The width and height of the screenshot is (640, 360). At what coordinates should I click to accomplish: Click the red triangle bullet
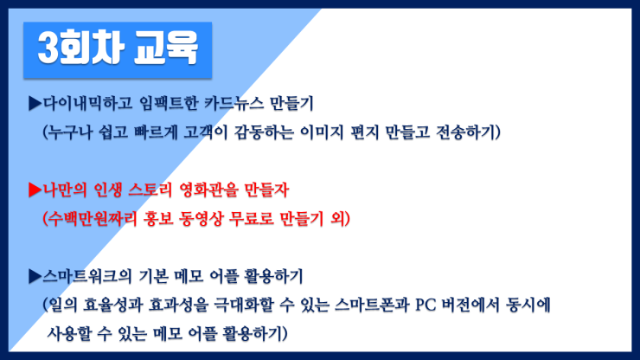coord(35,190)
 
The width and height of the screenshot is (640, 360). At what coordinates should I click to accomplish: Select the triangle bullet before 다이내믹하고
coord(35,103)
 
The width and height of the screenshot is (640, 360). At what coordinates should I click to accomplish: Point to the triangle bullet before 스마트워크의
coord(35,277)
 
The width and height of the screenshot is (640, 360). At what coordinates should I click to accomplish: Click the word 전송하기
coord(465,132)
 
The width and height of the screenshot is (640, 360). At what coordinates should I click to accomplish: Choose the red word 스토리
coord(150,190)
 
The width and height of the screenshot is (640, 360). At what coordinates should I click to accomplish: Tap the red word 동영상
coord(201,219)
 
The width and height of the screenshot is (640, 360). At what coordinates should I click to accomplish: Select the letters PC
coord(426,305)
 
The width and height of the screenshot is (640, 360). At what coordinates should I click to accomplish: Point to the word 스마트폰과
coord(372,305)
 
